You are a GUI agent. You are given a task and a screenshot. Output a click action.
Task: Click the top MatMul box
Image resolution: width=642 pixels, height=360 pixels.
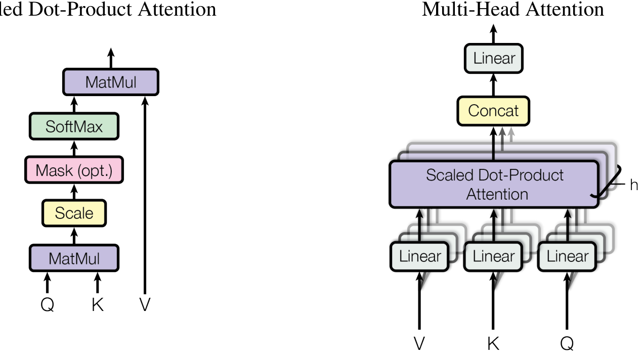111,82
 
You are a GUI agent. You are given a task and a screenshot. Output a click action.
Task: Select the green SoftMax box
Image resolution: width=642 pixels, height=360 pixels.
74,126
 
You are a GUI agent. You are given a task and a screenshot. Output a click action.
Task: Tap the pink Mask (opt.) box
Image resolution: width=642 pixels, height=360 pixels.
74,170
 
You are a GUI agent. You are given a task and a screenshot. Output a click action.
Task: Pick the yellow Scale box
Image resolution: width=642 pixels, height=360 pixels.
74,213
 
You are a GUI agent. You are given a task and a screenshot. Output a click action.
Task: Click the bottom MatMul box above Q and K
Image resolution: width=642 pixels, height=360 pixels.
74,258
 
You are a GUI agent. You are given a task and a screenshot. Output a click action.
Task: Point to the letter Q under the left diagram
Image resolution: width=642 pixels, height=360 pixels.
47,304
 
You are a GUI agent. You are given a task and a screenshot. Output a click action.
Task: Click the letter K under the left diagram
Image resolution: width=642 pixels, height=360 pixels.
97,304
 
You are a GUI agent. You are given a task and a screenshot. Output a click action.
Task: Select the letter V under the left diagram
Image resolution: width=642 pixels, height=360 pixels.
145,304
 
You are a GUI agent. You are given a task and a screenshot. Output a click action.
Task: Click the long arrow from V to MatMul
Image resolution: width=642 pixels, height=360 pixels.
145,197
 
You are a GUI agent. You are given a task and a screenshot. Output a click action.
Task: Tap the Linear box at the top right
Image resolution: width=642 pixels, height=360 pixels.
494,59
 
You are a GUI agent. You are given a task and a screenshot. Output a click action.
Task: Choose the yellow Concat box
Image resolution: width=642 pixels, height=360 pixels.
494,111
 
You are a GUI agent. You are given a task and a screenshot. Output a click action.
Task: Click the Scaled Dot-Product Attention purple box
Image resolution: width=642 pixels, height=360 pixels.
494,185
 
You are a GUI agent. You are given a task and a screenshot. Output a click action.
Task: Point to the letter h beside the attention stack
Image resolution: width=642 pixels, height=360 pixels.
633,185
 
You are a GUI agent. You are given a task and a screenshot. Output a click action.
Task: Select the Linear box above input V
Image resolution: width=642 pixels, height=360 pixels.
419,256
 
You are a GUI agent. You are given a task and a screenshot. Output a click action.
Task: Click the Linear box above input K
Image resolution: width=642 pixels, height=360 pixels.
493,256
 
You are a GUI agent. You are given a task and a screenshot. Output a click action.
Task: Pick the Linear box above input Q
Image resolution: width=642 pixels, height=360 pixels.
567,256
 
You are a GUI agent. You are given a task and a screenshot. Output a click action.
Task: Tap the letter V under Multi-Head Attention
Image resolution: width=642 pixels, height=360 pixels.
419,344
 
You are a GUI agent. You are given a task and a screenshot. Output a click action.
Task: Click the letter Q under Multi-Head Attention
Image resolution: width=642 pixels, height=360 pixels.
567,344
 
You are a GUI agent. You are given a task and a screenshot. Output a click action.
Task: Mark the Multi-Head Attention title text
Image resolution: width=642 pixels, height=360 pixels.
512,9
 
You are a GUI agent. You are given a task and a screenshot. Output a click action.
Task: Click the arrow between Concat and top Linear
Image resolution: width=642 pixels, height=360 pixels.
494,84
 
